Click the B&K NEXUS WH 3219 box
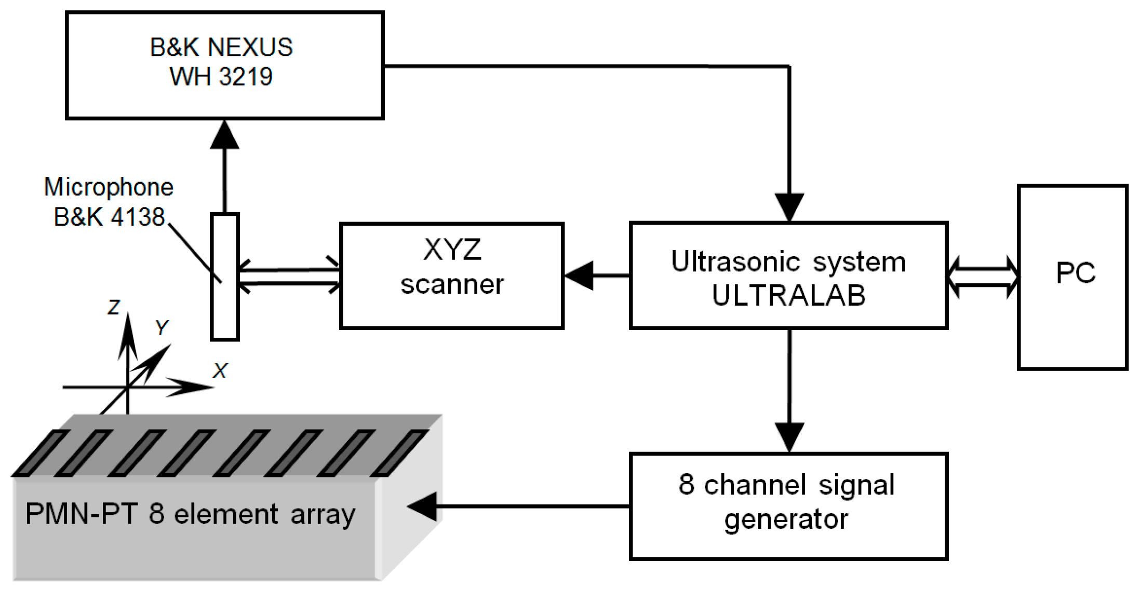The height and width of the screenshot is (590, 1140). (x=224, y=66)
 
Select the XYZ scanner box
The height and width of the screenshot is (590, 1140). (x=451, y=276)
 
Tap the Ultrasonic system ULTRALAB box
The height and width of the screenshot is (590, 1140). (x=788, y=276)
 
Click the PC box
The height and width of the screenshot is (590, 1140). (x=1072, y=277)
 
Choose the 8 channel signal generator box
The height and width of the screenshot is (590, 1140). (x=788, y=506)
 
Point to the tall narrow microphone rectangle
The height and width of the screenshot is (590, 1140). (x=224, y=311)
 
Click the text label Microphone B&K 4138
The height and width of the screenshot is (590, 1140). (x=109, y=202)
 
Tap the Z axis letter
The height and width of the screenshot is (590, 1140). (x=114, y=307)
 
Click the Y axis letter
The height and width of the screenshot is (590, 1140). (x=162, y=327)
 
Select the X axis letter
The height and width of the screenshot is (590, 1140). (x=220, y=371)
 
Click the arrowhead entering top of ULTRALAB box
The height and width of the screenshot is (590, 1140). (x=789, y=206)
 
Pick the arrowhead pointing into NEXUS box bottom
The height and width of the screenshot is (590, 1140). (x=224, y=135)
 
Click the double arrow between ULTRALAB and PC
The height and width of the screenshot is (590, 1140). (x=983, y=277)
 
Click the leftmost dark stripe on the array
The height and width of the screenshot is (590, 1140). (x=41, y=452)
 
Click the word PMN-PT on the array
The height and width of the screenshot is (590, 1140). (x=81, y=514)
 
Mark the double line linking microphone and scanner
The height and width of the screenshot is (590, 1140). (x=289, y=277)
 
